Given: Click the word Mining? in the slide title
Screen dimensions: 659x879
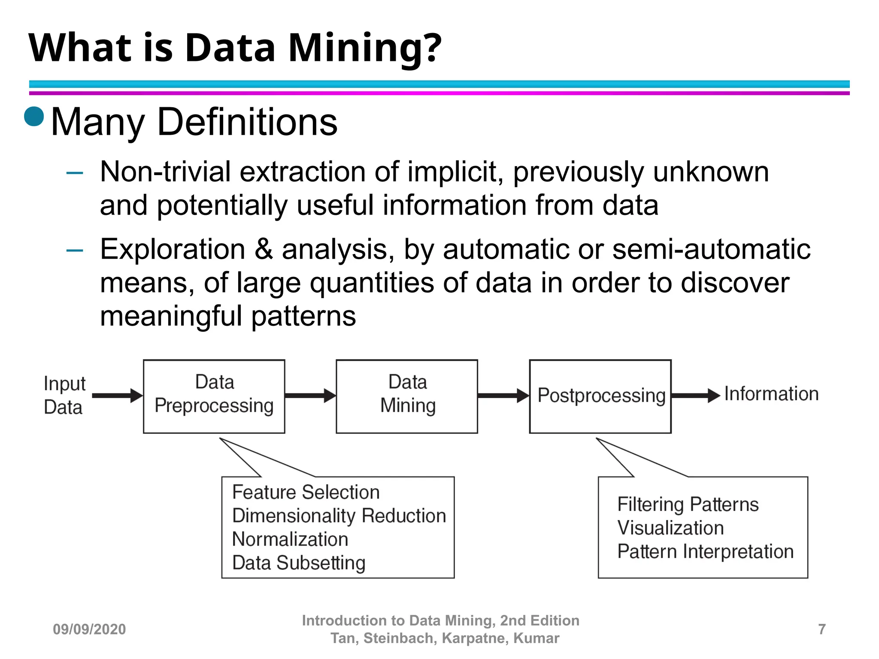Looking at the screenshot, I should [x=364, y=48].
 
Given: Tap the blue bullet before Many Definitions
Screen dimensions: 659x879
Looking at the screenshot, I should [x=34, y=116].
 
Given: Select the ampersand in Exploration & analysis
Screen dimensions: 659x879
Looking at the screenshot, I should [x=264, y=249].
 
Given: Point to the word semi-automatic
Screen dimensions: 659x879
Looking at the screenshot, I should [x=711, y=249].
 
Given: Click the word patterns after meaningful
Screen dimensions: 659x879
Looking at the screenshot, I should [x=303, y=316].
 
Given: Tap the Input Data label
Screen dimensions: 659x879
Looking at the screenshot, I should [x=64, y=395].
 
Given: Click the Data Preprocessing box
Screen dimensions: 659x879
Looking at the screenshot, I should [x=214, y=396].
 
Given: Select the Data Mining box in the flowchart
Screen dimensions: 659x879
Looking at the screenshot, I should [x=406, y=396].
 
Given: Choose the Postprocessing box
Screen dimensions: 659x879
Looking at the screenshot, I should [x=600, y=396].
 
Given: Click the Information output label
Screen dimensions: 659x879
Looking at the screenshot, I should [x=771, y=394].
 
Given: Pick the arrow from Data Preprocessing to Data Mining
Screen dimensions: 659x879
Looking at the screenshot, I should [x=310, y=395].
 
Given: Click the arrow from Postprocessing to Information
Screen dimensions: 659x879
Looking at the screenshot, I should [x=695, y=395].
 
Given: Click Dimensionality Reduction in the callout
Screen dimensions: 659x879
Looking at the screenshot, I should [x=339, y=516].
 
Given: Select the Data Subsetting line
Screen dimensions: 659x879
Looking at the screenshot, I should [x=298, y=563].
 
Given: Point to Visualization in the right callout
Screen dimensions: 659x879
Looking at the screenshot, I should [x=670, y=528].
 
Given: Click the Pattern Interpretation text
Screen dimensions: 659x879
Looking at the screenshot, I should [x=705, y=552].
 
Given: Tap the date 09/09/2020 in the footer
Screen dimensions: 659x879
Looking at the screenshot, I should [x=89, y=629].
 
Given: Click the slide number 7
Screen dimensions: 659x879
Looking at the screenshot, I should [x=822, y=629].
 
